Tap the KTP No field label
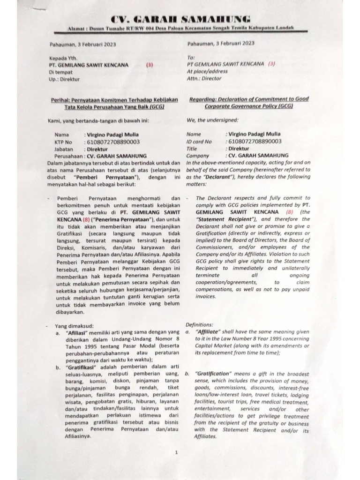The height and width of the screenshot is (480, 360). [64, 141]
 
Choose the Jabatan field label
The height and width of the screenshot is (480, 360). [64, 148]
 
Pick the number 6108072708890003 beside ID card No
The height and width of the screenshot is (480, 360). [255, 141]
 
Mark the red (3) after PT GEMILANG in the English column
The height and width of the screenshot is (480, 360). [271, 64]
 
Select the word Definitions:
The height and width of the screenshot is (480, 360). [199, 324]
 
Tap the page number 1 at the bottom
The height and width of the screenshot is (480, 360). [176, 452]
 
